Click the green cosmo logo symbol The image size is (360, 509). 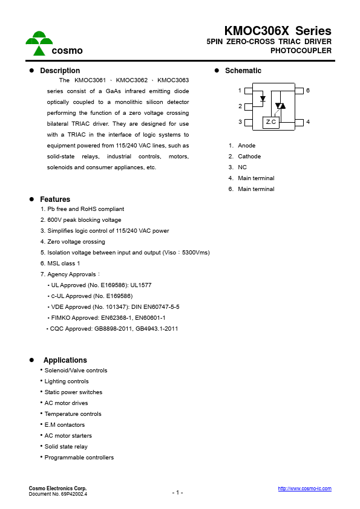39,42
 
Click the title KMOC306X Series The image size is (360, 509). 278,31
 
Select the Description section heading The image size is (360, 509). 60,71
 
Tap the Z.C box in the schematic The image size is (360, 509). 271,122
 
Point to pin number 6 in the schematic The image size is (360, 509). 308,91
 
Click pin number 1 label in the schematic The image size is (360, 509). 240,91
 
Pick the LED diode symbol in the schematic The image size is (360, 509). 263,98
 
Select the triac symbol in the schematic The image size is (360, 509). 280,106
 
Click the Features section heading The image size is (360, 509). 55,199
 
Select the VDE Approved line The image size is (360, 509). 113,307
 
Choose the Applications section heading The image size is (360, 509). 65,360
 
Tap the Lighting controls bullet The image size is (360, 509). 66,381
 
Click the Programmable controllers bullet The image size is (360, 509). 79,458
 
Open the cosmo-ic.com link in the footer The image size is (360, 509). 304,488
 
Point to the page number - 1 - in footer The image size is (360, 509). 177,493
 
